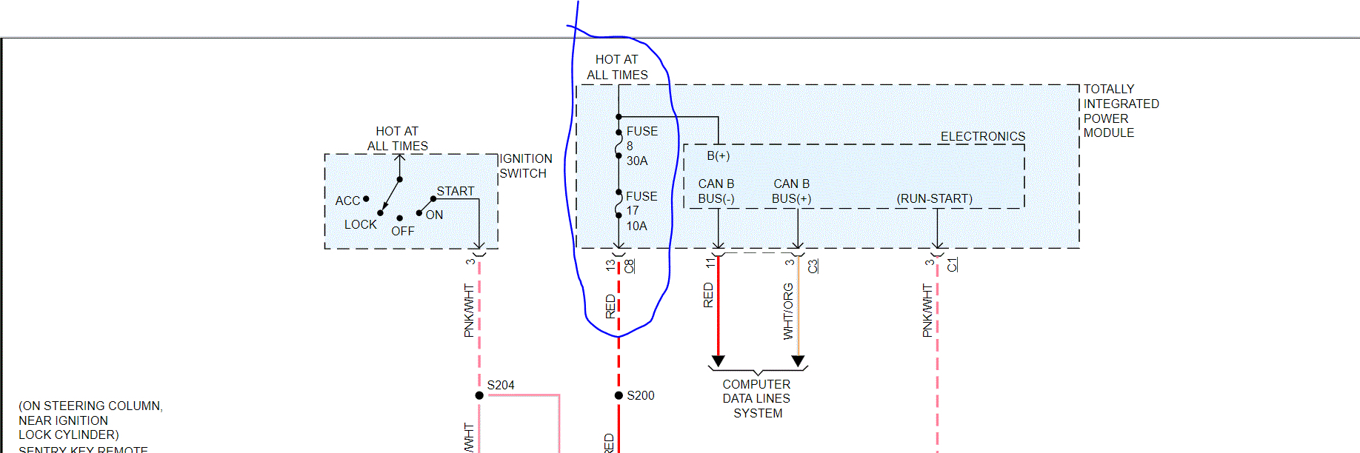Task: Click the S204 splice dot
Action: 479,395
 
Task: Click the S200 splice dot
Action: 619,395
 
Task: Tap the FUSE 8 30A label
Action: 640,146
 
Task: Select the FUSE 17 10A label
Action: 640,211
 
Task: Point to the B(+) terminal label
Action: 718,155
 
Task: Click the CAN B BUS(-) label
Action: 716,191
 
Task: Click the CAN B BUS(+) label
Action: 791,191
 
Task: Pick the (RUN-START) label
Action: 934,198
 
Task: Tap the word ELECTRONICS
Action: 983,136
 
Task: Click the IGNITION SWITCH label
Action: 525,166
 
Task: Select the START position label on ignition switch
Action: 455,191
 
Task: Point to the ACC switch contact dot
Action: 366,198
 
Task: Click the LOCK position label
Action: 360,224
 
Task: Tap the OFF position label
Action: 403,231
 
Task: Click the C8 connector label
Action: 630,266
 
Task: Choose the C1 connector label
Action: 953,264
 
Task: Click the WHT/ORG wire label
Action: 788,311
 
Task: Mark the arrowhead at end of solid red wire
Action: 718,361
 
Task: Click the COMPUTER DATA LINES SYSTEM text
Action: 757,398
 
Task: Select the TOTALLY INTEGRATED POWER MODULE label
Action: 1120,111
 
